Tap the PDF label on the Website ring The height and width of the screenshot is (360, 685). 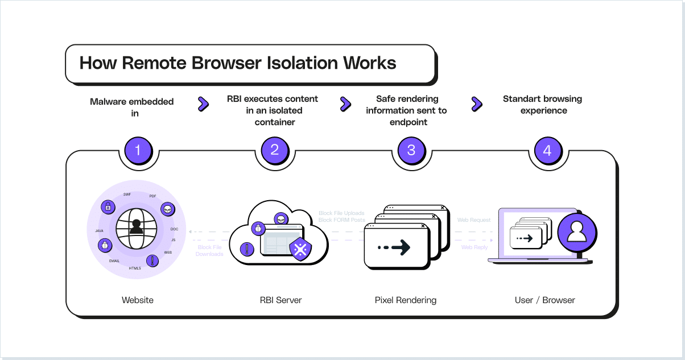(x=153, y=196)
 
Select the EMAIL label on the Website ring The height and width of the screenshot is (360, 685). (x=114, y=260)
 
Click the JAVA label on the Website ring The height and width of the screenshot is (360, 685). (x=99, y=231)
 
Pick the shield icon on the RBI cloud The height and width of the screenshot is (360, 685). (x=300, y=249)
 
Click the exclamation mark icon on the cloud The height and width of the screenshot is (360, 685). (x=247, y=249)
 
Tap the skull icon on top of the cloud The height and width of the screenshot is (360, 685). (x=280, y=218)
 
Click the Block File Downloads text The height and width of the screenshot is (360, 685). (x=209, y=251)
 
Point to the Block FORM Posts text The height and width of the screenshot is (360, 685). (x=341, y=220)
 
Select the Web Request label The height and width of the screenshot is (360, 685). (x=474, y=220)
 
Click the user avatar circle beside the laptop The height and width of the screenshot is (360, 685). (x=577, y=232)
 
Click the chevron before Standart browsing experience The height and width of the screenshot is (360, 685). (x=477, y=104)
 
